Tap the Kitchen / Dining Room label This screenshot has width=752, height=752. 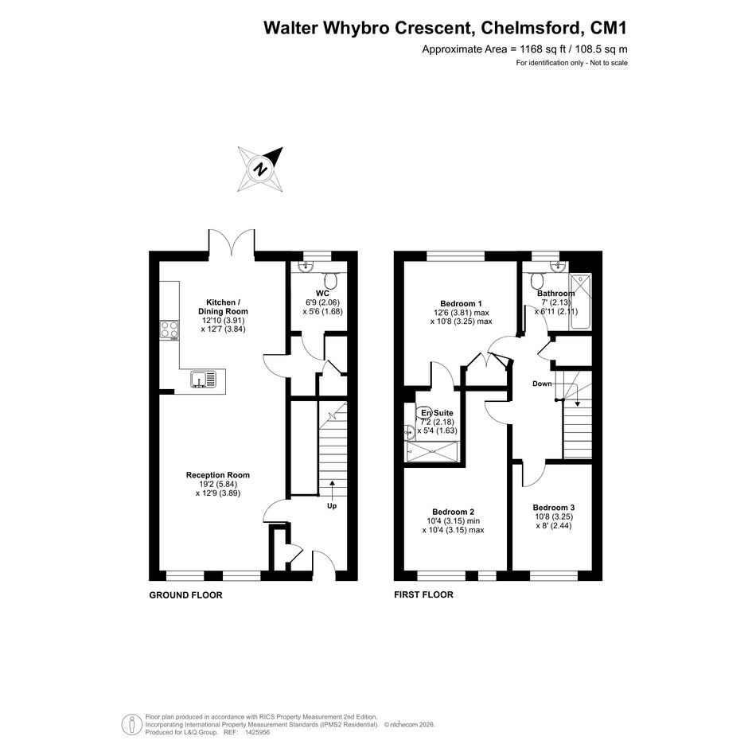pyautogui.click(x=224, y=307)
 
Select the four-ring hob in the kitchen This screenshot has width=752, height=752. pyautogui.click(x=169, y=329)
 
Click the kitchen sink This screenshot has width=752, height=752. pyautogui.click(x=204, y=379)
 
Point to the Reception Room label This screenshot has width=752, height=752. pyautogui.click(x=218, y=475)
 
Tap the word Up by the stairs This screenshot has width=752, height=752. pyautogui.click(x=332, y=505)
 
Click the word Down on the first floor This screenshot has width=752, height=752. pyautogui.click(x=542, y=384)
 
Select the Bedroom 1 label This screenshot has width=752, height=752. pyautogui.click(x=461, y=303)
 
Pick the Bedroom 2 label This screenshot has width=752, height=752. pyautogui.click(x=454, y=512)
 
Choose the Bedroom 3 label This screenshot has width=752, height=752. pyautogui.click(x=554, y=508)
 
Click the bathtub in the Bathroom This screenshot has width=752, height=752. pyautogui.click(x=580, y=301)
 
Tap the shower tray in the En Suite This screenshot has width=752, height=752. pyautogui.click(x=433, y=451)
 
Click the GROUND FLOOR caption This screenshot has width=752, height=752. pyautogui.click(x=186, y=595)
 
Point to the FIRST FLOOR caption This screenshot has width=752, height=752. pyautogui.click(x=423, y=594)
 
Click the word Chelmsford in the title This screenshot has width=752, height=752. pyautogui.click(x=532, y=28)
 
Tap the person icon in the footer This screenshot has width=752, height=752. pyautogui.click(x=131, y=725)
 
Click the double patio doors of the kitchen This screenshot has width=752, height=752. pyautogui.click(x=232, y=241)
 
